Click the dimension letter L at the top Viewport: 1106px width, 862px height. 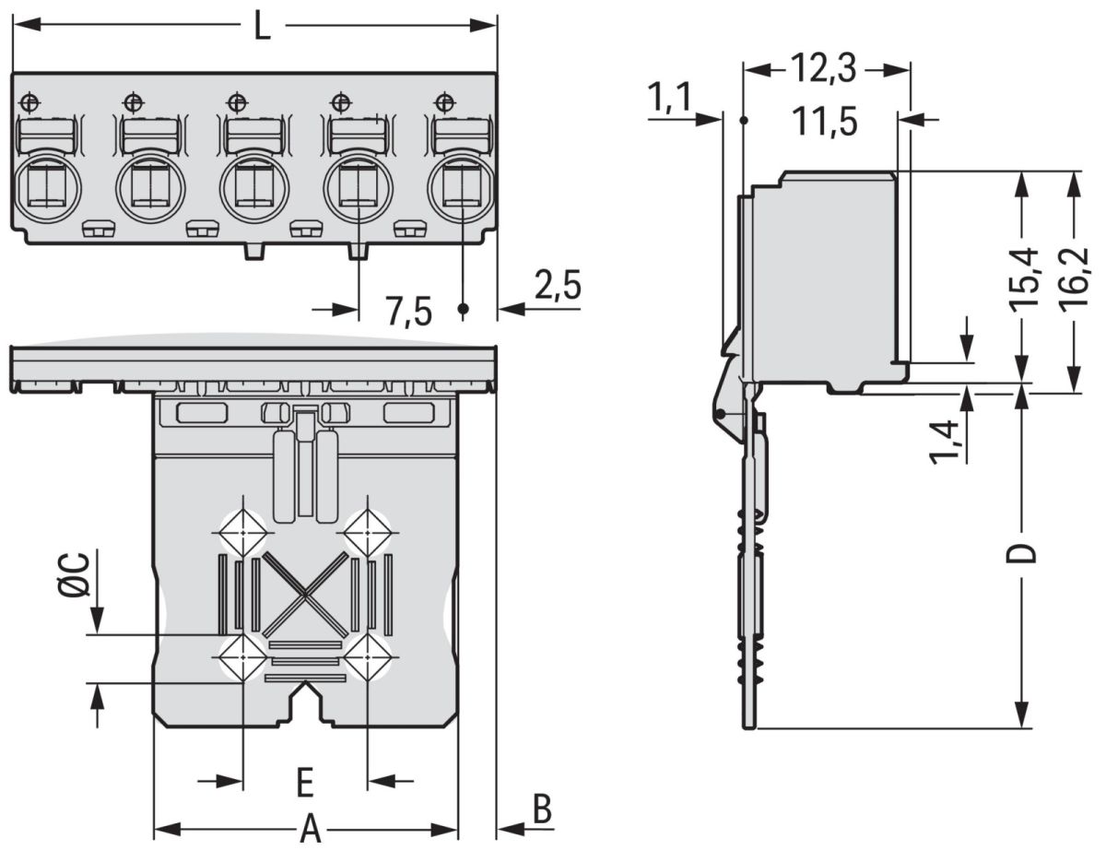pyautogui.click(x=263, y=27)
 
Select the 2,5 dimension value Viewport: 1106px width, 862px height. pyautogui.click(x=557, y=286)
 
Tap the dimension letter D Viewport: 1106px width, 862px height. pyautogui.click(x=1021, y=553)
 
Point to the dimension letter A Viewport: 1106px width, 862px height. pyautogui.click(x=311, y=831)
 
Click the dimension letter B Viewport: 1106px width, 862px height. pyautogui.click(x=543, y=810)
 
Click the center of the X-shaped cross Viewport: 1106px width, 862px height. pyautogui.click(x=304, y=595)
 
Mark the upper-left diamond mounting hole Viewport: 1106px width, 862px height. pyautogui.click(x=241, y=532)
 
